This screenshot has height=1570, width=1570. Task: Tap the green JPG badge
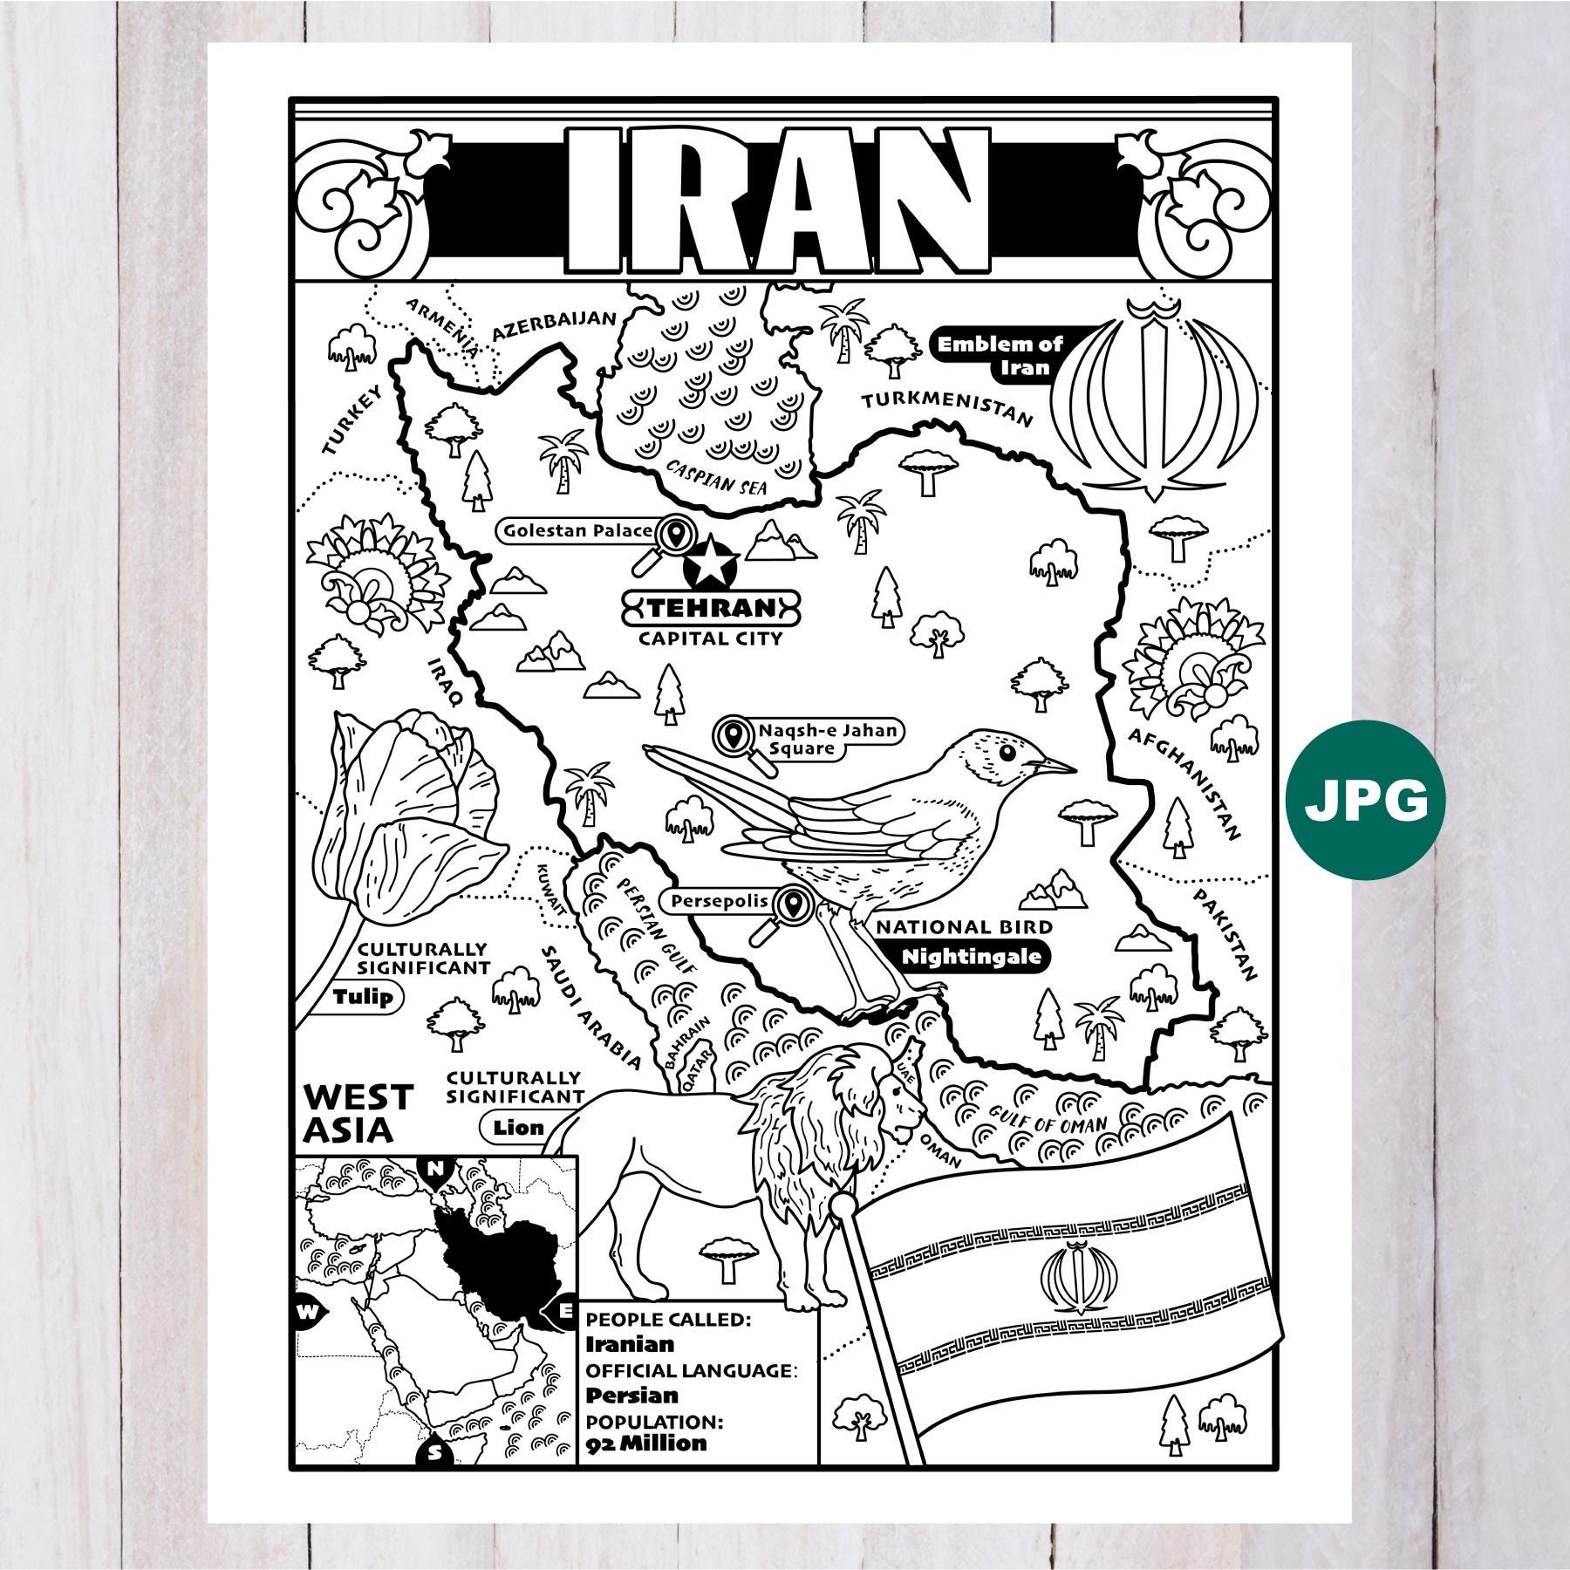(x=1366, y=801)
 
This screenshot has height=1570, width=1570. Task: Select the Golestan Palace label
(x=576, y=530)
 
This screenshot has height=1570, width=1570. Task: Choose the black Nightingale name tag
(x=971, y=957)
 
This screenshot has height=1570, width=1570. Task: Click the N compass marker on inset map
(x=433, y=1169)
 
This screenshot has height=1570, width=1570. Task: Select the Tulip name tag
(x=363, y=997)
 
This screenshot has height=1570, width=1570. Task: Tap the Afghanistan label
(x=1184, y=783)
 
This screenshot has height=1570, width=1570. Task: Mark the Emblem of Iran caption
(x=1000, y=355)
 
